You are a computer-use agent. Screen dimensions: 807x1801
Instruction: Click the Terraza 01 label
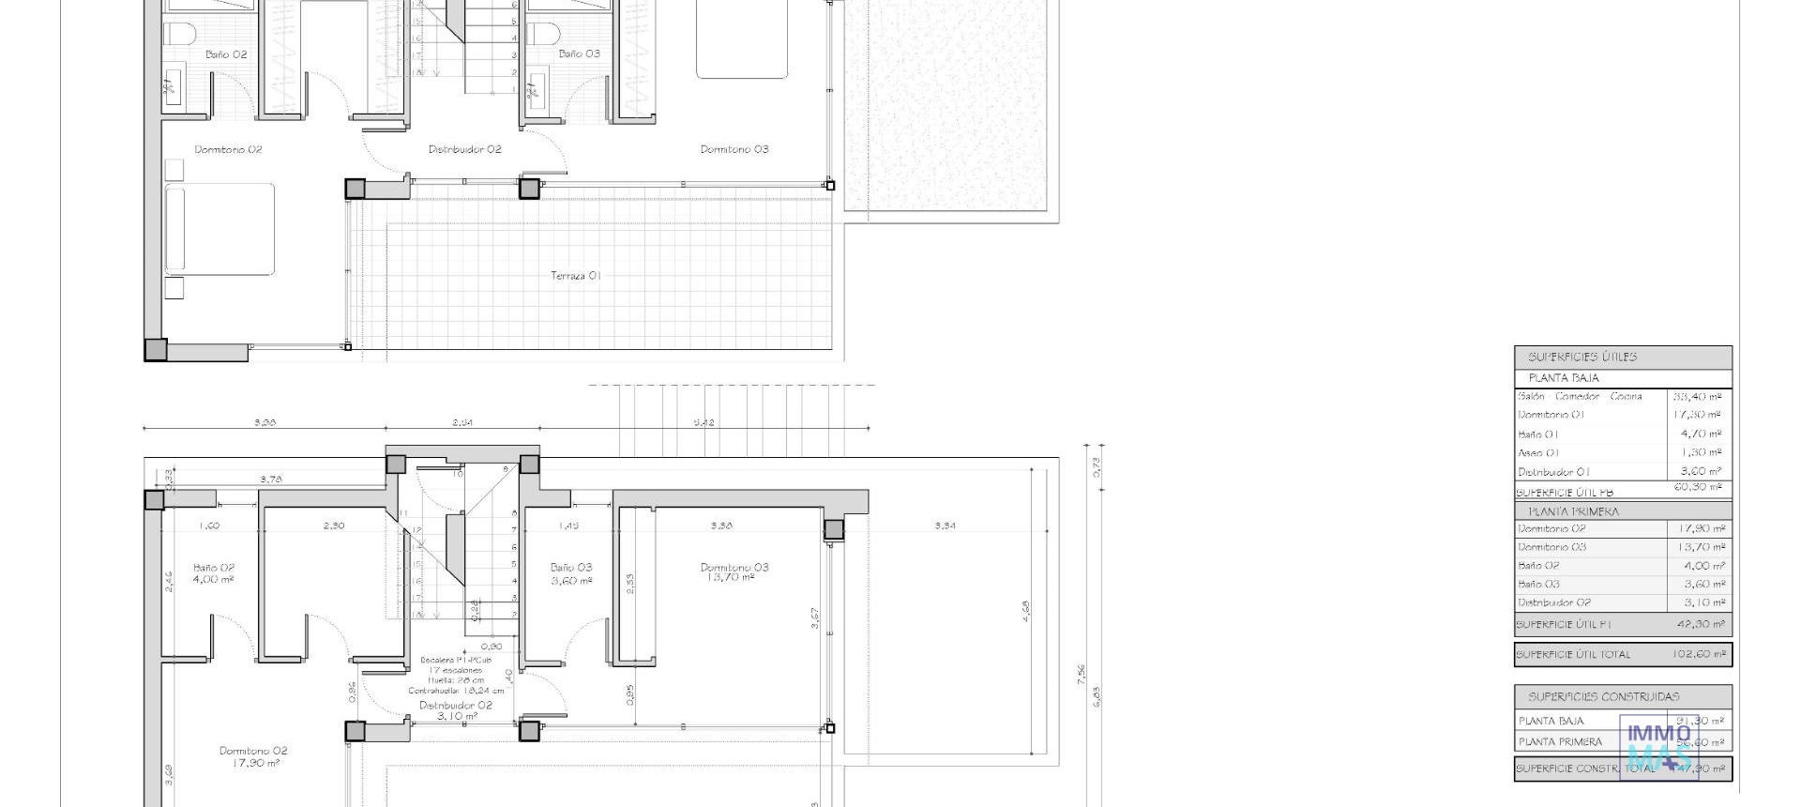[x=575, y=276]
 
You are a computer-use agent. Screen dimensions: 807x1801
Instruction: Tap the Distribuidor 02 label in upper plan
[x=464, y=149]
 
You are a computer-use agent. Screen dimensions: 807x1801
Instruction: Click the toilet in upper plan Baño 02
[x=178, y=35]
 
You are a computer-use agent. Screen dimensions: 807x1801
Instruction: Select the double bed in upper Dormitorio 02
[x=220, y=230]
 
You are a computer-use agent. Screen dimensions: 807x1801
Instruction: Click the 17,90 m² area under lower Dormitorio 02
[x=253, y=764]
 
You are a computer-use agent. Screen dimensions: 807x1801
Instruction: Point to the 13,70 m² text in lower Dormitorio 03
[x=729, y=578]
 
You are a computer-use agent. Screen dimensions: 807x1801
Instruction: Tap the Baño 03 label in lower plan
[x=570, y=568]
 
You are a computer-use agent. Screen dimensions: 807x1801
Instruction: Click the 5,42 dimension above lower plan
[x=704, y=422]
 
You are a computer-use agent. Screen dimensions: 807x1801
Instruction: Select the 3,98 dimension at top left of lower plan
[x=265, y=422]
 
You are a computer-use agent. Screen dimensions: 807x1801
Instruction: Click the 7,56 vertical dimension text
[x=1082, y=674]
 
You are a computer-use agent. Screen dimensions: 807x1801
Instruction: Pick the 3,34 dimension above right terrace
[x=945, y=525]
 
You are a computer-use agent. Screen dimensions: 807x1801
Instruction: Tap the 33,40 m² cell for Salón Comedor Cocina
[x=1697, y=397]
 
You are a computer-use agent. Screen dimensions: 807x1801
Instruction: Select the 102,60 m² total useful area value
[x=1698, y=654]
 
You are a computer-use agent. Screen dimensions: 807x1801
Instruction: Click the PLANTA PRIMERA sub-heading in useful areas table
[x=1573, y=512]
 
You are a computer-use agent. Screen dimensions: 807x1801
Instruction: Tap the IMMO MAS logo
[x=1658, y=747]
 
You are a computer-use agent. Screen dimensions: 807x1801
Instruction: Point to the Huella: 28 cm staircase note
[x=456, y=680]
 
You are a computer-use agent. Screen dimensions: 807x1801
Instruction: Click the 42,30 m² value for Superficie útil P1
[x=1700, y=624]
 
